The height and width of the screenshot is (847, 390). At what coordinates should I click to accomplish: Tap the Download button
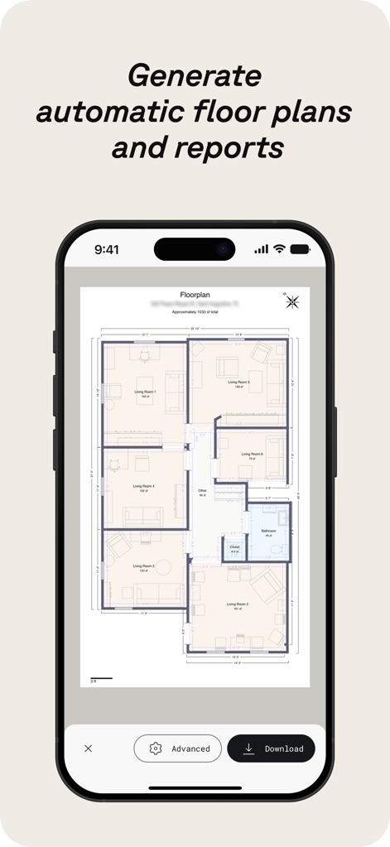pos(271,748)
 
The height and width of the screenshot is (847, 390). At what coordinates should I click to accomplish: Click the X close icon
pos(89,748)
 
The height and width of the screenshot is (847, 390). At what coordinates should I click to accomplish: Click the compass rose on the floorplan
pos(292,301)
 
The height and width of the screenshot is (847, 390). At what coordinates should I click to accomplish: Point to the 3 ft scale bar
pos(100,679)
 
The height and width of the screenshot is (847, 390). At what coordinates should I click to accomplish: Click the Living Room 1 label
pos(145,392)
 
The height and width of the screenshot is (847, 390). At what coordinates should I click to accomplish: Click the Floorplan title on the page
pos(195,295)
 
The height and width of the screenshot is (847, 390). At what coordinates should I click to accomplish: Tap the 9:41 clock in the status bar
pos(107,249)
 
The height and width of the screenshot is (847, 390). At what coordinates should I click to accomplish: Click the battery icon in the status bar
pos(300,249)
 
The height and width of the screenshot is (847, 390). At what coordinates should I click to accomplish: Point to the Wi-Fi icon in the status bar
pos(280,249)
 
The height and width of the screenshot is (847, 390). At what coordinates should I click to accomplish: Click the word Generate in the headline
pos(195,76)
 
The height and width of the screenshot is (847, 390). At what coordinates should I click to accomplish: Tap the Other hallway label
pos(202,491)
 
